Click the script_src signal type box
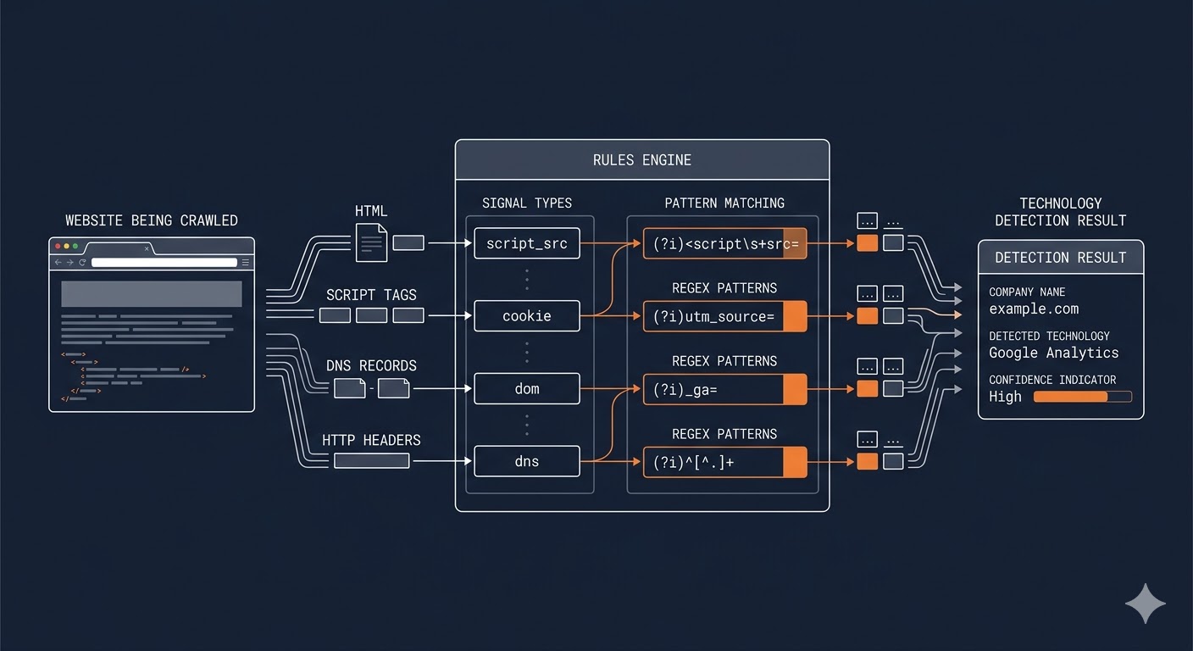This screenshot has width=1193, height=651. pyautogui.click(x=526, y=243)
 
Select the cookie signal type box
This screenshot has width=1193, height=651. pyautogui.click(x=526, y=316)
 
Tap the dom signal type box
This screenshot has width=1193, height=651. pyautogui.click(x=526, y=389)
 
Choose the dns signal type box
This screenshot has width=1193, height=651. pyautogui.click(x=526, y=462)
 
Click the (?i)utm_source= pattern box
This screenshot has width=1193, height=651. pyautogui.click(x=724, y=316)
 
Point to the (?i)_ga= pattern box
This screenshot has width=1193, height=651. pyautogui.click(x=724, y=389)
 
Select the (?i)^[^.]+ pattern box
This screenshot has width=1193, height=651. pyautogui.click(x=724, y=462)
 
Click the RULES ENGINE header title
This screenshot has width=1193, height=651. pyautogui.click(x=641, y=160)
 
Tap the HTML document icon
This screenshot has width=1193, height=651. pyautogui.click(x=371, y=242)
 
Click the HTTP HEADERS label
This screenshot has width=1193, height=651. pyautogui.click(x=371, y=440)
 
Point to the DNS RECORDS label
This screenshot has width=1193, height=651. pyautogui.click(x=371, y=366)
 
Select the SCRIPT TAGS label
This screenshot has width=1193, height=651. pyautogui.click(x=371, y=295)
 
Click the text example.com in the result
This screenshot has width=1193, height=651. pyautogui.click(x=1034, y=309)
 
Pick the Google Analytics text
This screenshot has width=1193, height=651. pyautogui.click(x=1053, y=353)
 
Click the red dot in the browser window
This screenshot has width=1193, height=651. pyautogui.click(x=58, y=247)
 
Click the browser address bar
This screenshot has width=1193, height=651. pyautogui.click(x=164, y=263)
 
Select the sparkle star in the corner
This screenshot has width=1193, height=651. pyautogui.click(x=1145, y=604)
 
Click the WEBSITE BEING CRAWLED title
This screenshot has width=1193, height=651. pyautogui.click(x=152, y=220)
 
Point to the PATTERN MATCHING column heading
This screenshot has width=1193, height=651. pyautogui.click(x=724, y=203)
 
